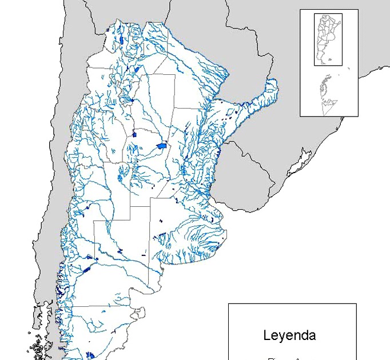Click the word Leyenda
point(289,335)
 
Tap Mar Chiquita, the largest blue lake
point(162,146)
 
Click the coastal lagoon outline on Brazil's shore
point(297,166)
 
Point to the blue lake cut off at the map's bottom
point(90,355)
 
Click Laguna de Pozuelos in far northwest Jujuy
point(108,30)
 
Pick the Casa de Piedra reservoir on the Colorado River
point(120,251)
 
